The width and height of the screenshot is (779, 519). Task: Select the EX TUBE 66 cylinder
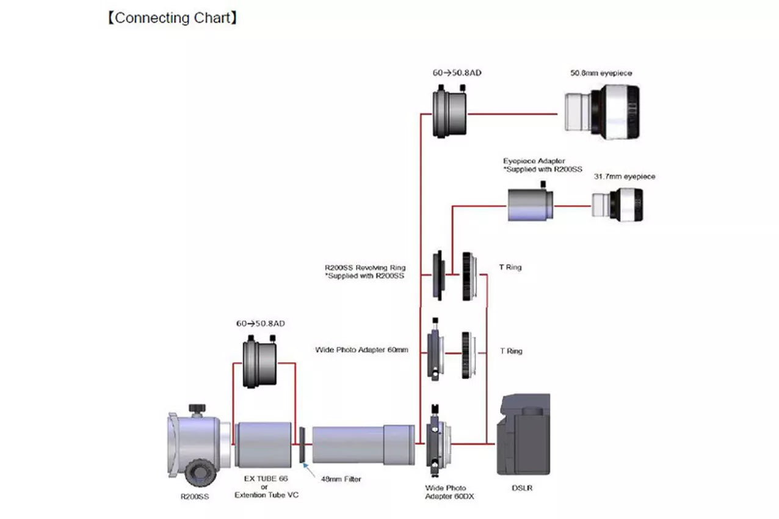click(x=263, y=445)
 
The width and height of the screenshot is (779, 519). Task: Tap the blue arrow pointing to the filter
click(x=310, y=469)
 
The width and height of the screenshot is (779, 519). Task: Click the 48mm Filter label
click(x=341, y=479)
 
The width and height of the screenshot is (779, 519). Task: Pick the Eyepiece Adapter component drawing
click(x=530, y=204)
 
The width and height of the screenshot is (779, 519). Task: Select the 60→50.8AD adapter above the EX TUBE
click(x=260, y=364)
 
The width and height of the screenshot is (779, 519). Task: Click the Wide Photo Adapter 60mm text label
click(x=361, y=350)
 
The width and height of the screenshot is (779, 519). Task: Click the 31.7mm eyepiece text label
click(x=625, y=176)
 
